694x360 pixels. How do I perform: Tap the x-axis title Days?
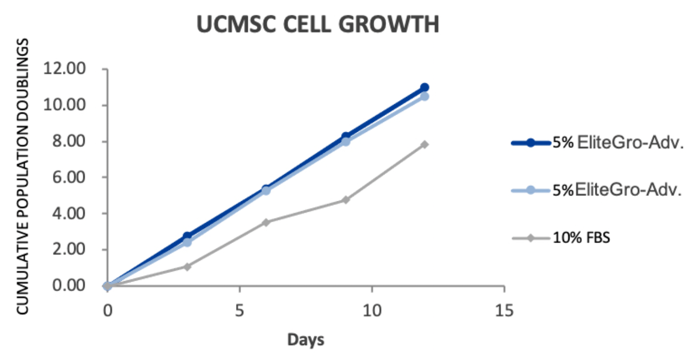[x=306, y=340]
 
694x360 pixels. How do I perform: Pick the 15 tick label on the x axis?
[x=504, y=311]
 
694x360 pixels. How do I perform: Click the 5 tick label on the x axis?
[x=240, y=311]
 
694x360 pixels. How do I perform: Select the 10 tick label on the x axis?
[x=372, y=311]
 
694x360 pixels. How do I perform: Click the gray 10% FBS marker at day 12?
[x=424, y=144]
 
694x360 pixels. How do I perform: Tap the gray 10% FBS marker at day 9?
[x=346, y=200]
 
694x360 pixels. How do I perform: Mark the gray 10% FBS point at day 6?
[x=266, y=222]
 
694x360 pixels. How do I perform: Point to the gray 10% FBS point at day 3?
[x=187, y=267]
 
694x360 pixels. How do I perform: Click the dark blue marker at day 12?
[x=424, y=87]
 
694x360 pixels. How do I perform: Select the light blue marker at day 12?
[x=424, y=96]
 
